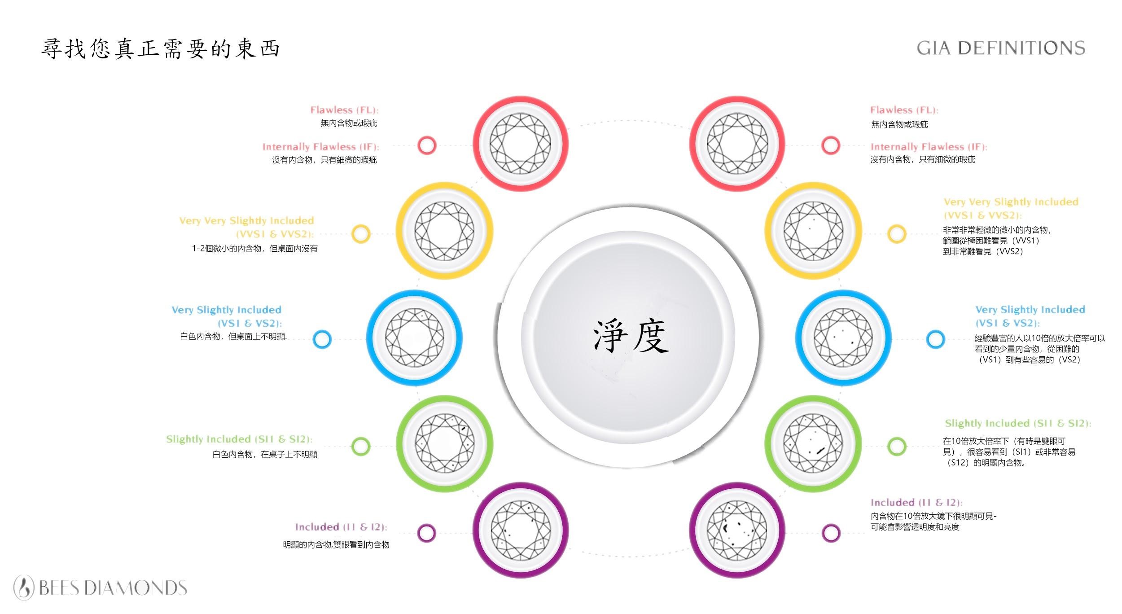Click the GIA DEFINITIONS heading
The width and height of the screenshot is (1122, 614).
1001,48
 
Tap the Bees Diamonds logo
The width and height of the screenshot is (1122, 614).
100,588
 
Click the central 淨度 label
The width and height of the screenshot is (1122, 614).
631,336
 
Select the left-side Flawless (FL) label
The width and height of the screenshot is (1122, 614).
344,110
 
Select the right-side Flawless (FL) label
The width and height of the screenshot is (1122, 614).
904,110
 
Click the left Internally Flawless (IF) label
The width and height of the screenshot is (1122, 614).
320,147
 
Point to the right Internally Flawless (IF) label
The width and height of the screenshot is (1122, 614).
929,147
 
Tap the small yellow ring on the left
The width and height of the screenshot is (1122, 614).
361,234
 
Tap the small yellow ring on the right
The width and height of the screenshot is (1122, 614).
897,234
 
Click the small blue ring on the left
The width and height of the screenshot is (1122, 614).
322,339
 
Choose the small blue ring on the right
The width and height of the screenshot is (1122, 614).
935,339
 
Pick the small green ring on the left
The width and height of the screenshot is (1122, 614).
361,446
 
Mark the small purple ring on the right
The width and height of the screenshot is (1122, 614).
831,533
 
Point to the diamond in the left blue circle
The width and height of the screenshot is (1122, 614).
414,338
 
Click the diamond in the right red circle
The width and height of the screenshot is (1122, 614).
737,144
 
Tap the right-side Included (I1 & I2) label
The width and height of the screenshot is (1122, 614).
916,503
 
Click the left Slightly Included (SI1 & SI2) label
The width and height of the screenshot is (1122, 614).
239,439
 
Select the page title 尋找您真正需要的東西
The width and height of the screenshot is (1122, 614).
161,48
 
